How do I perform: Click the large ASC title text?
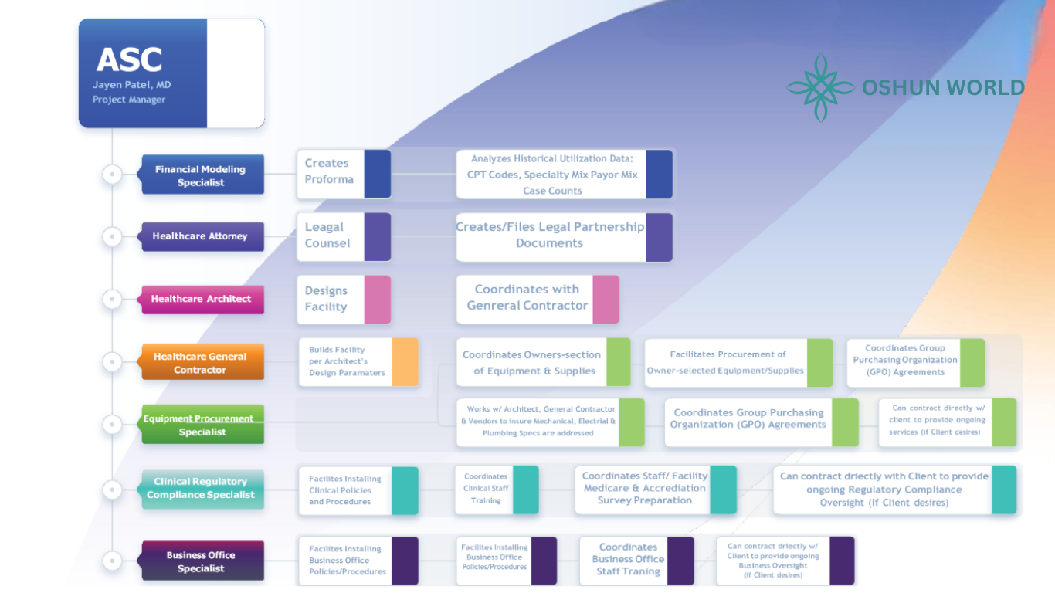(129, 60)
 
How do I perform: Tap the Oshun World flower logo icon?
(820, 88)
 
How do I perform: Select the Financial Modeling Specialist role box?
(202, 175)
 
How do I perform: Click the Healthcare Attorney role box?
(202, 236)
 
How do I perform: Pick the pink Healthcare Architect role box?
(202, 299)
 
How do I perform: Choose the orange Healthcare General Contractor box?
(202, 363)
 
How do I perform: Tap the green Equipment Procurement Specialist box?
(202, 425)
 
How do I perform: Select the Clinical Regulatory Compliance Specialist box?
(202, 488)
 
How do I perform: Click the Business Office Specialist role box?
(202, 561)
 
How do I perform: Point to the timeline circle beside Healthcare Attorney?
(113, 236)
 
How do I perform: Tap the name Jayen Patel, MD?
(132, 85)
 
